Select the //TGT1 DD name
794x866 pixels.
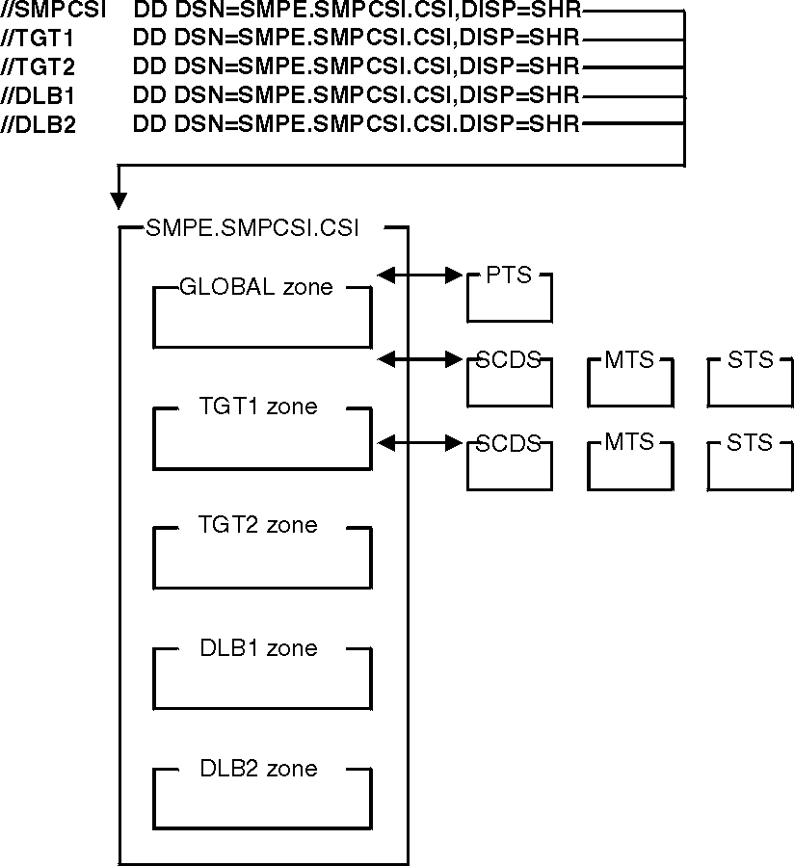[x=39, y=39]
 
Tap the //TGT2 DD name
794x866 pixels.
[x=39, y=67]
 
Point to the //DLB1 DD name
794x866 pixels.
[x=39, y=96]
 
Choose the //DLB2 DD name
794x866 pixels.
[x=39, y=124]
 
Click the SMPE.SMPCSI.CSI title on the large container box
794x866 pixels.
[x=252, y=228]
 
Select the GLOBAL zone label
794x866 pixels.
[x=256, y=286]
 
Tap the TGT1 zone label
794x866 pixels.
[x=257, y=407]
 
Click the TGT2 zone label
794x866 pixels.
[x=257, y=525]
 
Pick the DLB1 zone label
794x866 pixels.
[x=258, y=647]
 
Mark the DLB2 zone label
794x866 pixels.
[x=258, y=768]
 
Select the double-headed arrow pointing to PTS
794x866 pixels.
[x=420, y=276]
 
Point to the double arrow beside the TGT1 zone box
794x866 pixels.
[x=420, y=443]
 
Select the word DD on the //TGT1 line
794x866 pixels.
[x=151, y=39]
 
